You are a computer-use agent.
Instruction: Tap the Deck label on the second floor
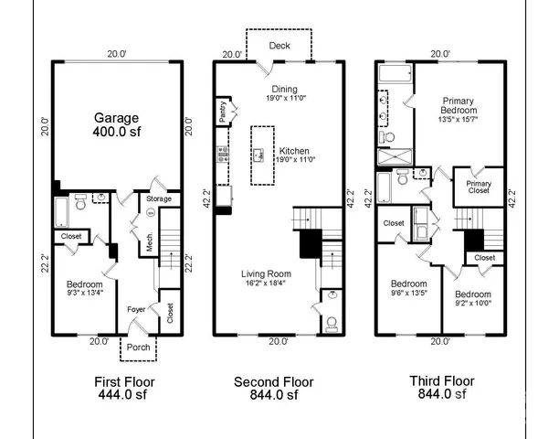click(280, 46)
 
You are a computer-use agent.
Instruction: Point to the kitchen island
click(264, 155)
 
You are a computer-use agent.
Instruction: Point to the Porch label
click(139, 348)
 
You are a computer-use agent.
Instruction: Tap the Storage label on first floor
click(161, 198)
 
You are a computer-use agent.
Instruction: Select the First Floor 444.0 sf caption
click(125, 389)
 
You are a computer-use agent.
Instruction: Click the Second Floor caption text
click(274, 381)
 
